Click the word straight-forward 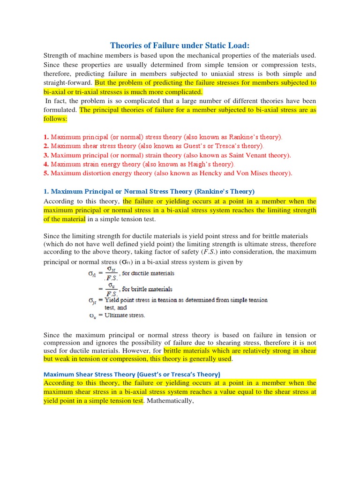(68, 83)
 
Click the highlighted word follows (55, 119)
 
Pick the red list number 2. (46, 146)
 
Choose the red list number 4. (46, 164)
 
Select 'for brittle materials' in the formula (147, 289)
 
